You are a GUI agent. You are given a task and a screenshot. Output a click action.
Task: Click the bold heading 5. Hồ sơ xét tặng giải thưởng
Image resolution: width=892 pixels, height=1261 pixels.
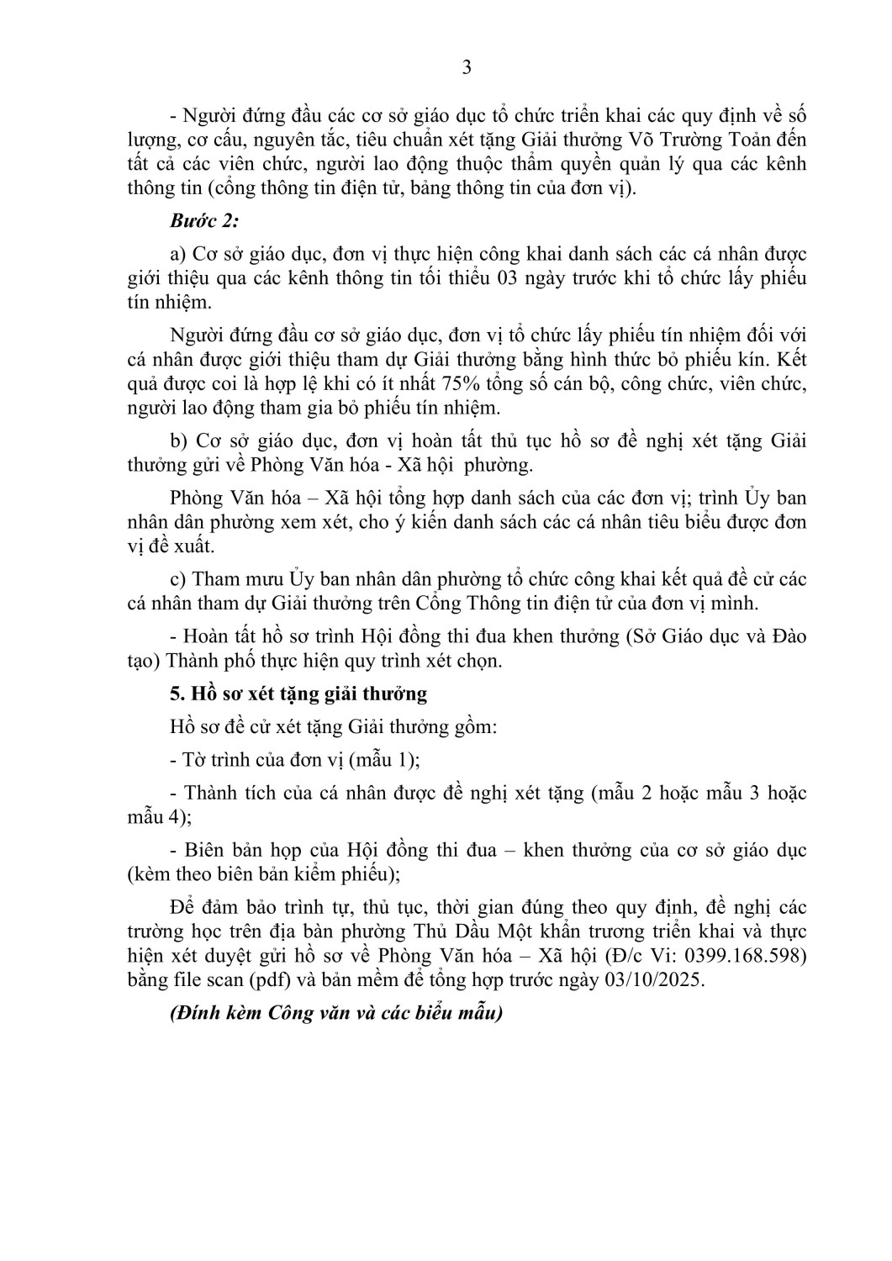(298, 694)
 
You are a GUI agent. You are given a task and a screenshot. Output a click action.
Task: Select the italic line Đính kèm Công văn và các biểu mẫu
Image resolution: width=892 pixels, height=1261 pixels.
(335, 1013)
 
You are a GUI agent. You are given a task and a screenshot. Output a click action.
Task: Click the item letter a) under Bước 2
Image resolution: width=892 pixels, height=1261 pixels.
(177, 254)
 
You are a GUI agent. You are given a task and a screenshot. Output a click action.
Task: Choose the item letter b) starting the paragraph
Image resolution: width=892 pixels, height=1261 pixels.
(178, 441)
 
